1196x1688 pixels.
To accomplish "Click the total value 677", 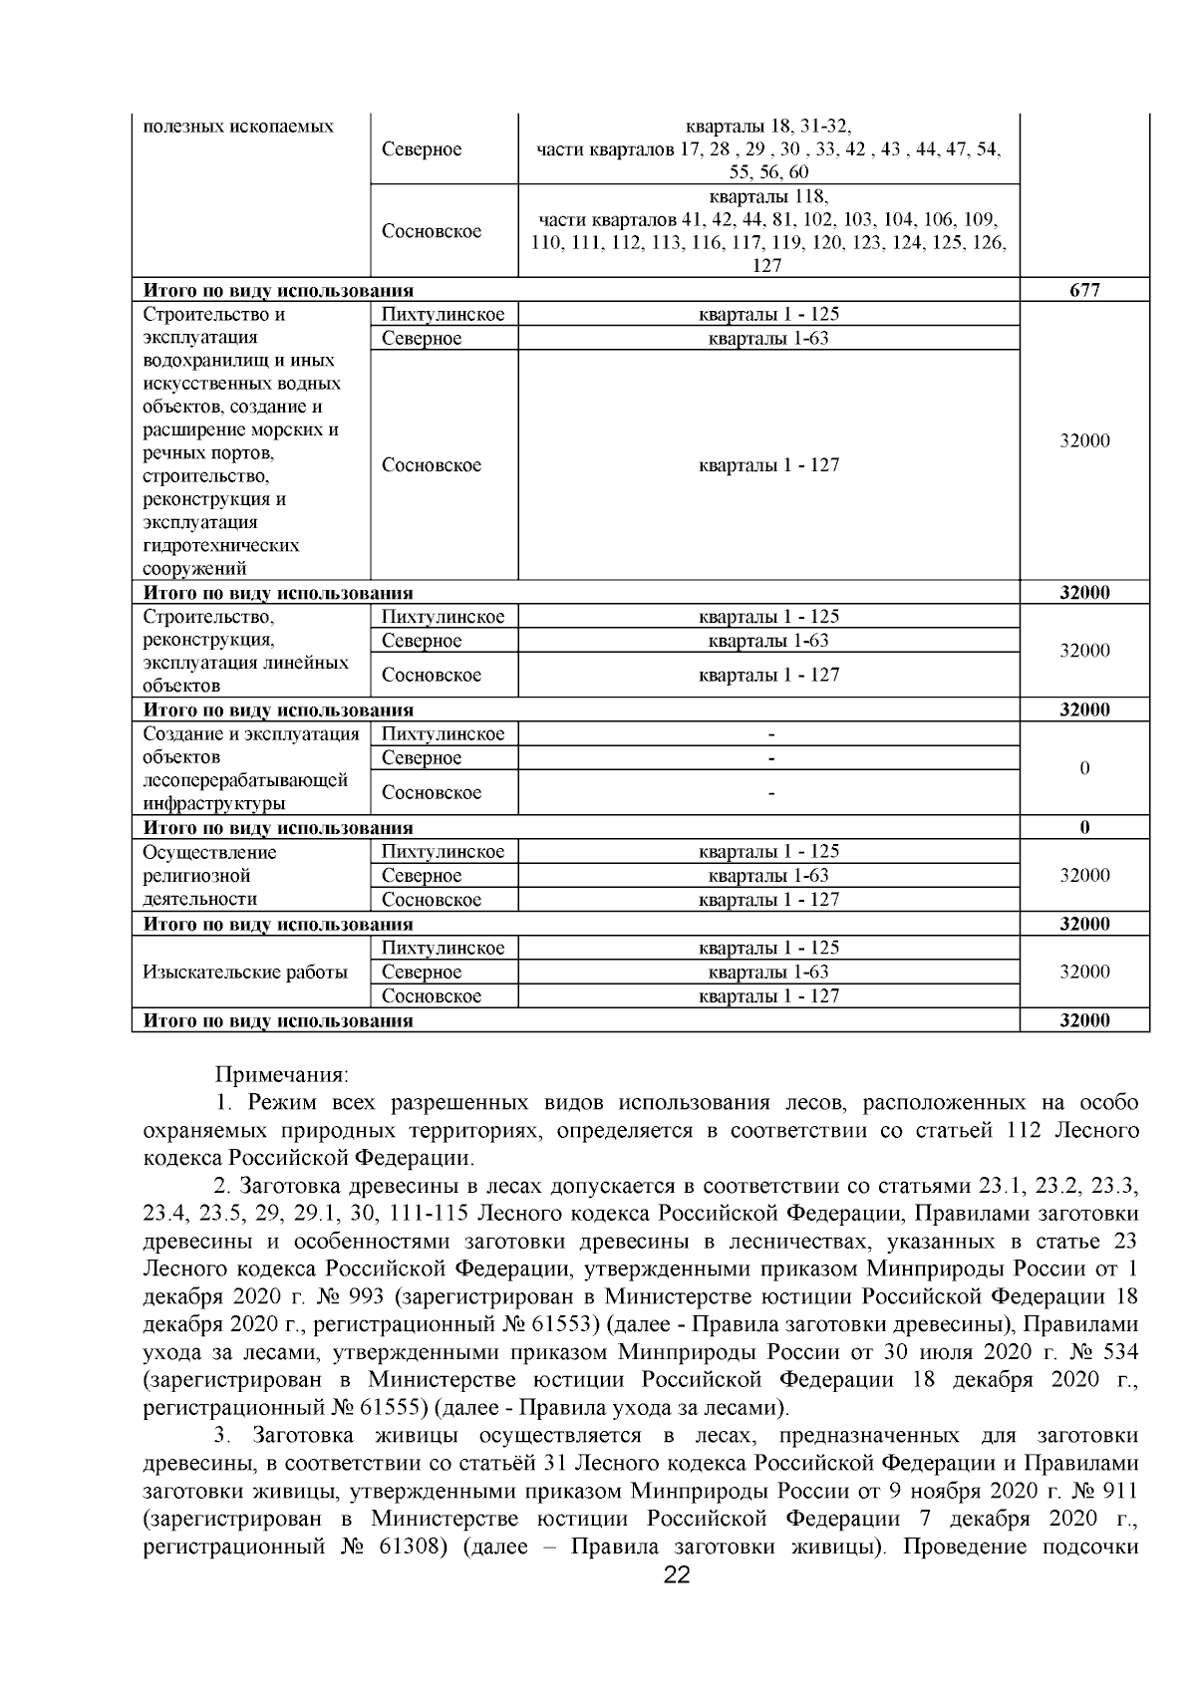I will click(x=1083, y=290).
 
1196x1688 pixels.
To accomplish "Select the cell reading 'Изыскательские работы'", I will click(x=245, y=972).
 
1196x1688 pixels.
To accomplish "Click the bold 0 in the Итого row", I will click(x=1084, y=828).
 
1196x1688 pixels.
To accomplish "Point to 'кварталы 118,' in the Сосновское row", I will click(x=768, y=196).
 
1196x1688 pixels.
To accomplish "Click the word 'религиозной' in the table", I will click(x=196, y=876).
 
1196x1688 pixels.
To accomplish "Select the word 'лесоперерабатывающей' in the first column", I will click(x=245, y=780).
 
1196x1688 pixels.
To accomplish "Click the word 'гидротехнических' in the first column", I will click(x=221, y=546).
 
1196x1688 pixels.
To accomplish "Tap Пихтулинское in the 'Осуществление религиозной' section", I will click(x=443, y=852).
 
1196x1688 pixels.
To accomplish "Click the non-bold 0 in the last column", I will click(x=1084, y=768).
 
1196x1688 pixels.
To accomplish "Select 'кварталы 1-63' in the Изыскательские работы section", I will click(x=768, y=972).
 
